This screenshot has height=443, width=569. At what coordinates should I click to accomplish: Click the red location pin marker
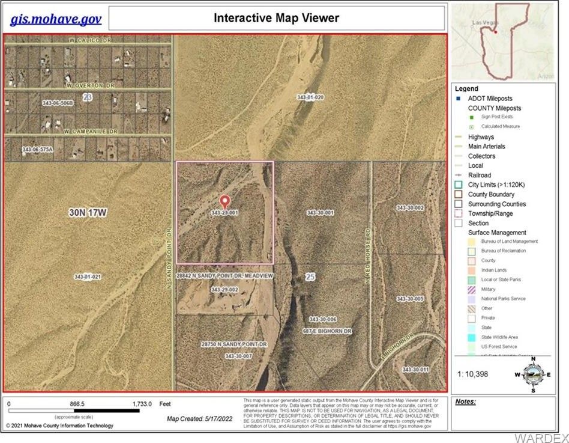(225, 201)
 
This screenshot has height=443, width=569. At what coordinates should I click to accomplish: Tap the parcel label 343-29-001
(225, 213)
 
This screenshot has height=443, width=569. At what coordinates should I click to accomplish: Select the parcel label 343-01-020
(310, 97)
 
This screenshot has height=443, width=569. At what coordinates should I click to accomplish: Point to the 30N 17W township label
(88, 213)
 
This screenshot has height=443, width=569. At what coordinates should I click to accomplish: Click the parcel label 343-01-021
(88, 276)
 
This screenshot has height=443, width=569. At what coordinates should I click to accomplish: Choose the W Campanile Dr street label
(90, 130)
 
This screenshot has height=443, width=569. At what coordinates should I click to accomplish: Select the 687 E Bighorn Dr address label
(327, 331)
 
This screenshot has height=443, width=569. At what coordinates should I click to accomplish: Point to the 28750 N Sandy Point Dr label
(234, 344)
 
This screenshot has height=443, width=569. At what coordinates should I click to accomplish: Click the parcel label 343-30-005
(411, 299)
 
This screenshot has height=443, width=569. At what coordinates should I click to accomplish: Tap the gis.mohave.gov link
(56, 19)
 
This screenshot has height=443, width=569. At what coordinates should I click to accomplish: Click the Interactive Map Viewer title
(276, 18)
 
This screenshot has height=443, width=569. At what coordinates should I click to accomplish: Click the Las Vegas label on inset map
(486, 22)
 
